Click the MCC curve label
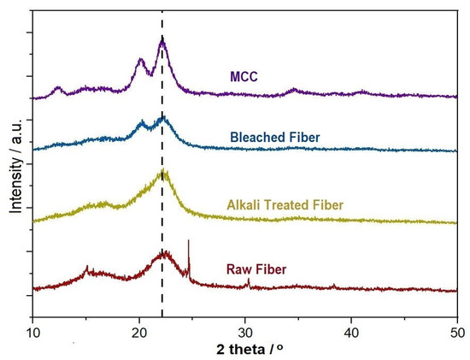[x=244, y=77]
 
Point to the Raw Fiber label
[x=256, y=269]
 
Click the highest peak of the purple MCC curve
[x=162, y=39]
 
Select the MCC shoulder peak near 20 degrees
[x=141, y=60]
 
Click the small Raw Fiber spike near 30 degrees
[x=248, y=280]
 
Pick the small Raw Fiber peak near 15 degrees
[x=86, y=267]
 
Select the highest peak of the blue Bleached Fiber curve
[x=162, y=117]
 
